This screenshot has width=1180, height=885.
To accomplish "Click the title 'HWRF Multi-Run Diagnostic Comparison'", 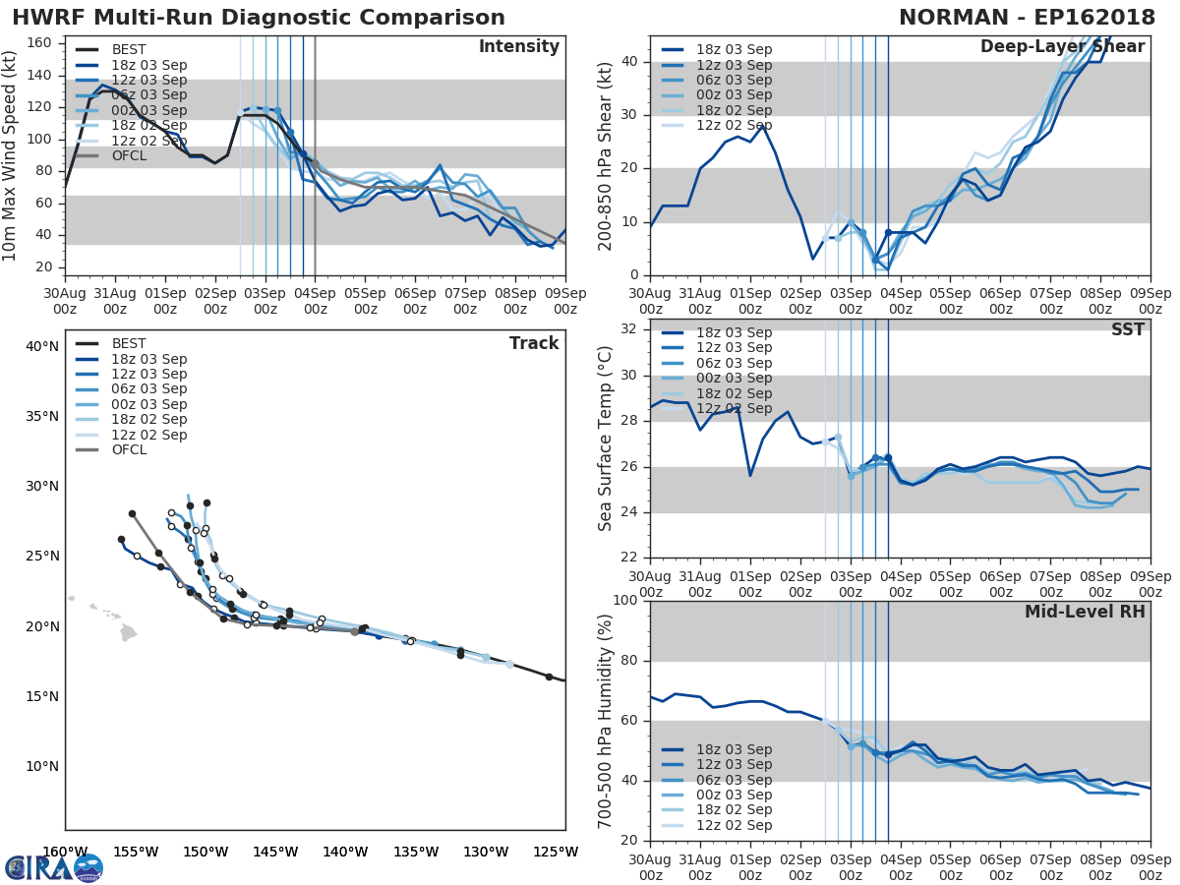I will (259, 18).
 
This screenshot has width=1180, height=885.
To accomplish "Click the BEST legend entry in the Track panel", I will (129, 343).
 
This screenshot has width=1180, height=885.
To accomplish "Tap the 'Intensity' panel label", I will (518, 47).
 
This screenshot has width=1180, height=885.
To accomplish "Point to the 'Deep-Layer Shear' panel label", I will (1062, 47).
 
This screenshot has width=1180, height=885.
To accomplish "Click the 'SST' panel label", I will (1127, 329).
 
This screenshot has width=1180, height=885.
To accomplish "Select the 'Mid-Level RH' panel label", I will (1085, 612).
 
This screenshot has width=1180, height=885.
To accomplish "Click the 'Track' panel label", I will (533, 343).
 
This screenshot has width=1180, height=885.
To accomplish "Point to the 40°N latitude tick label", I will (41, 346).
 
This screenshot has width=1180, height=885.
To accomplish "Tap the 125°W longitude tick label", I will (563, 852).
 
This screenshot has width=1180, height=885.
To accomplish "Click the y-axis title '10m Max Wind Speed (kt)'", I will (11, 155).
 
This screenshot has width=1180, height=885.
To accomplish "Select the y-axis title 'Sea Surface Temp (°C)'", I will (605, 439).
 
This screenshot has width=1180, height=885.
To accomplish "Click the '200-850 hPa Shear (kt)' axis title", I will (605, 155).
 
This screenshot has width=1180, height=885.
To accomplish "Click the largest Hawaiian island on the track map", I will (129, 633).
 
